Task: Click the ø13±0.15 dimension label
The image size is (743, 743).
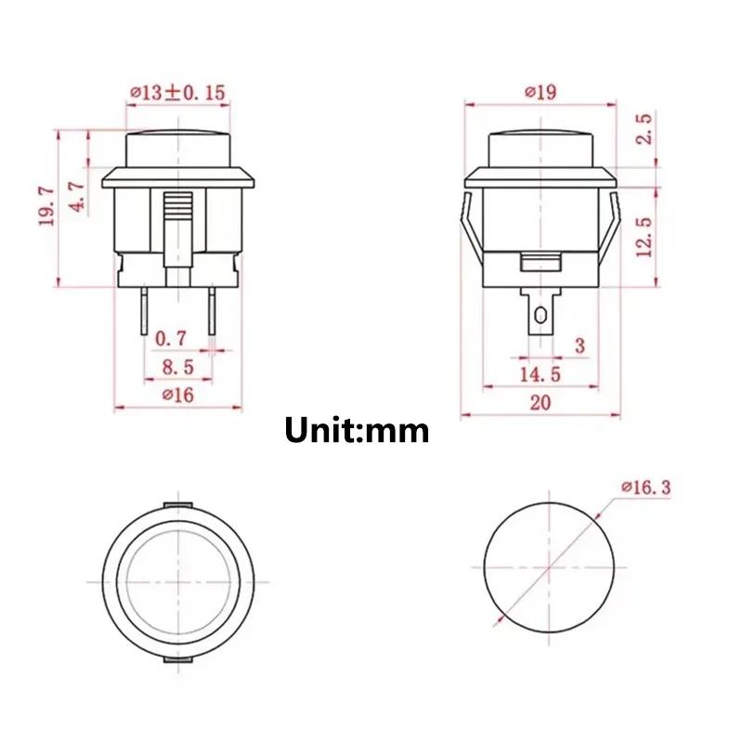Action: point(178,93)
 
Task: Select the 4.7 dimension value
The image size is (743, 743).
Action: point(79,196)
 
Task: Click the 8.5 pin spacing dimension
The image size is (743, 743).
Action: point(176,367)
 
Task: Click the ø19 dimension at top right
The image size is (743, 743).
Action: point(540,92)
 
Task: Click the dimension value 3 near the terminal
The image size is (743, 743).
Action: point(580,346)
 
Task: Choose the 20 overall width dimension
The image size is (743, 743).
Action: point(540,402)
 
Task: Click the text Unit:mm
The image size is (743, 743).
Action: point(357,430)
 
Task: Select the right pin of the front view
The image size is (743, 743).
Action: point(213,312)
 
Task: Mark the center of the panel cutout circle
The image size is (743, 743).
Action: point(550,567)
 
